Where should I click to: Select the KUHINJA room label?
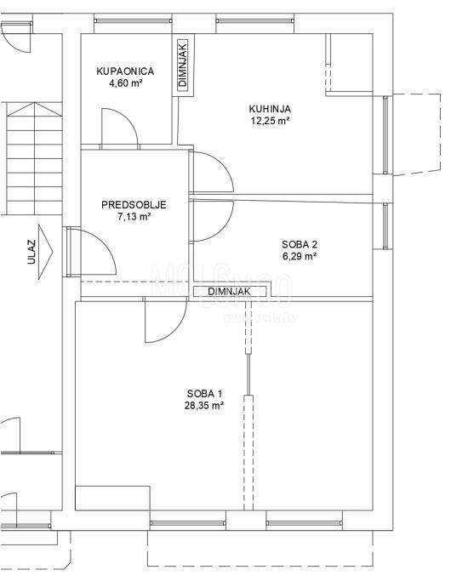click(271, 109)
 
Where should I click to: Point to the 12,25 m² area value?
click(271, 121)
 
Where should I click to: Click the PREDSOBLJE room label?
click(133, 205)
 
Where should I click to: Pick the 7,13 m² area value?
click(134, 217)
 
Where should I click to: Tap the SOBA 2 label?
click(300, 242)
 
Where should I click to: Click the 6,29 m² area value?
click(300, 254)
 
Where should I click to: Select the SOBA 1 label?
click(205, 393)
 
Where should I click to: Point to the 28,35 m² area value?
click(205, 406)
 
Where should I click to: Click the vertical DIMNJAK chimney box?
click(183, 66)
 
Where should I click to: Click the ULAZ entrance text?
click(31, 254)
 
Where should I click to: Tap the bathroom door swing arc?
click(119, 128)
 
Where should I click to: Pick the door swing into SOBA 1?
click(166, 322)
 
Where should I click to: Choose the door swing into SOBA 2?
click(210, 220)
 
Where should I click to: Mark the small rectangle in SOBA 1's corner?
click(113, 498)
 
